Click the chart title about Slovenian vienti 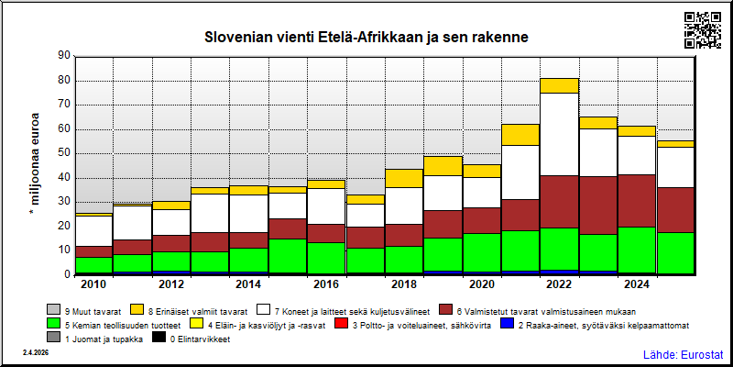[x=366, y=38]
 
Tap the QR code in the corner [x=703, y=30]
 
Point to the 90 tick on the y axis [x=65, y=56]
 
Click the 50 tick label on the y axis [x=65, y=153]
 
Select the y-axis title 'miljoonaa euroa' [x=34, y=164]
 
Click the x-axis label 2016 [x=327, y=285]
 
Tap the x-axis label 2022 [x=560, y=285]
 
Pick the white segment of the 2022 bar [x=560, y=134]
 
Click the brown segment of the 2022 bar [x=560, y=202]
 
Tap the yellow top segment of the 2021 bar [x=521, y=135]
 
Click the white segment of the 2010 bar [x=94, y=231]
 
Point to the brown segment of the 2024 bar [x=638, y=201]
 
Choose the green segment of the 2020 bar [x=483, y=252]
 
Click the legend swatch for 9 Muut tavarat [x=52, y=309]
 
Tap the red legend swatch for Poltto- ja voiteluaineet [x=341, y=323]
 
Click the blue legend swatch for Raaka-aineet [x=506, y=323]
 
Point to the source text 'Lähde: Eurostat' [x=684, y=353]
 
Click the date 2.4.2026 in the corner [x=35, y=352]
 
